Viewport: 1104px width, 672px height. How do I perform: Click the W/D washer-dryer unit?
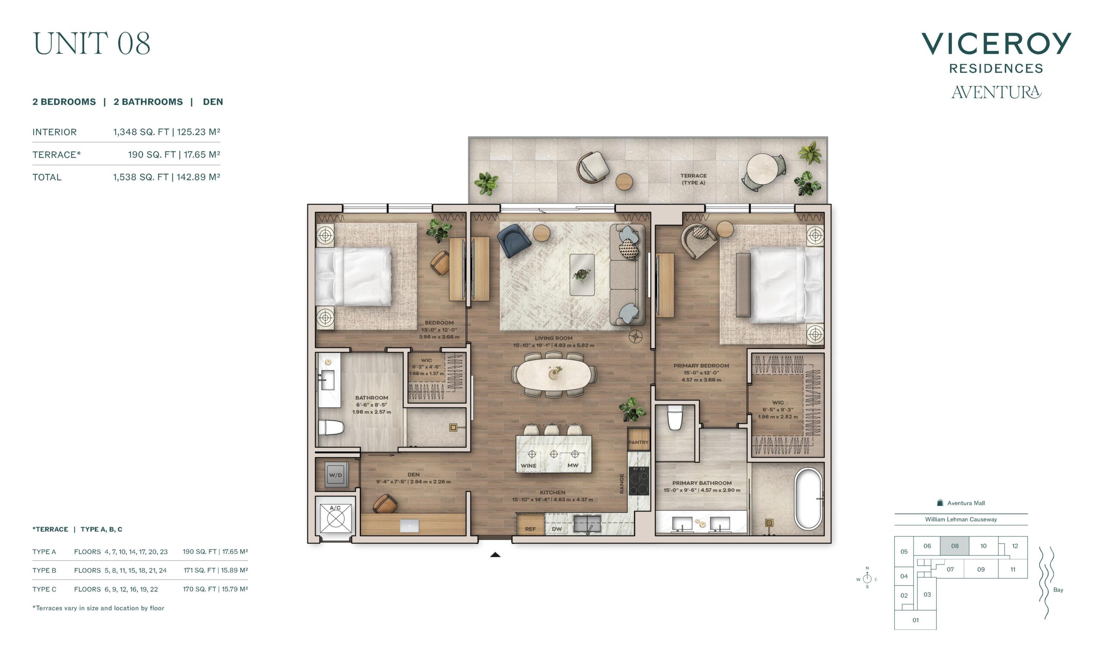point(335,475)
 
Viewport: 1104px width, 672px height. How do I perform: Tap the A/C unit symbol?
point(335,517)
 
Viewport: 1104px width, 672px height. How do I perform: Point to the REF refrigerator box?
point(530,524)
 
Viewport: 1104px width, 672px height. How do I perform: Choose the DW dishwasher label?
point(556,529)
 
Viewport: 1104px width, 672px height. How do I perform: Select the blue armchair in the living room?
point(514,240)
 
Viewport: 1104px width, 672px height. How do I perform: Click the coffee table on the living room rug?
point(582,275)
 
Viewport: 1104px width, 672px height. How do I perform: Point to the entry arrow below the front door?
point(495,555)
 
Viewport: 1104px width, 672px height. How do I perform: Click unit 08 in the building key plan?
point(954,546)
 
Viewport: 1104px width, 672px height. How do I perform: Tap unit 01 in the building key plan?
point(916,620)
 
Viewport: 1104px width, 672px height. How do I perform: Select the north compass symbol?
point(867,578)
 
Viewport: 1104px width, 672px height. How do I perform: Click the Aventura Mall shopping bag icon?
point(940,503)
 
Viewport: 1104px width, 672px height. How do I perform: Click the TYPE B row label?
point(44,570)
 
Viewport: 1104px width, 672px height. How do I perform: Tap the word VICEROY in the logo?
point(996,44)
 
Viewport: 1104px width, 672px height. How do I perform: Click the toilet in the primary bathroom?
point(675,417)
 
